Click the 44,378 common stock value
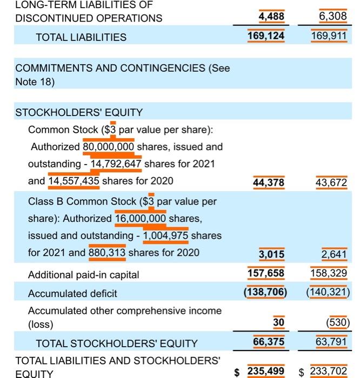[269, 183]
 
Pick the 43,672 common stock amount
[331, 183]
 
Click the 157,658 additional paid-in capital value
[266, 273]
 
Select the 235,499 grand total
[265, 371]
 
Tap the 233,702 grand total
[329, 371]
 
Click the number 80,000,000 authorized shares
[108, 147]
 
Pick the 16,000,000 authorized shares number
[141, 218]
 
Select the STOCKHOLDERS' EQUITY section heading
[79, 112]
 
